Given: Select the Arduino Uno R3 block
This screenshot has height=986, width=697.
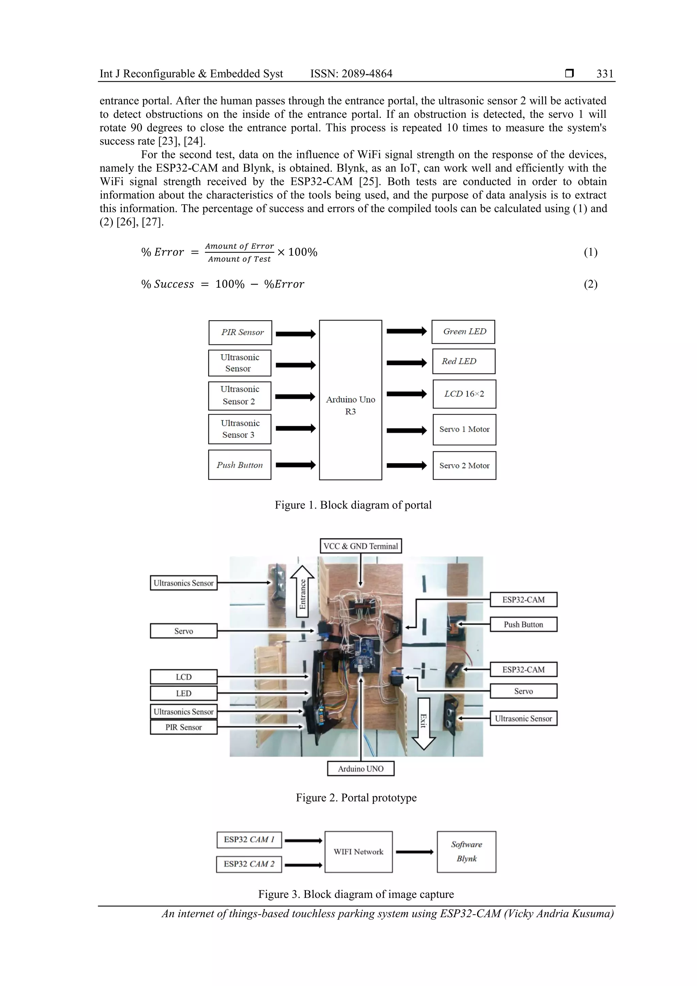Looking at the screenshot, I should tap(351, 400).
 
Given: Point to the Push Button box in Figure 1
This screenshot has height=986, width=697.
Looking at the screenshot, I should tap(240, 465).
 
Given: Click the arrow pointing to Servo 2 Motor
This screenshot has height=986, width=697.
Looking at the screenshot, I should tap(406, 466).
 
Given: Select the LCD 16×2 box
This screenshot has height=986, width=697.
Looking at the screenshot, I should tap(464, 394).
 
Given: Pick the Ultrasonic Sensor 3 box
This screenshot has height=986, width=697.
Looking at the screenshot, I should tap(240, 429).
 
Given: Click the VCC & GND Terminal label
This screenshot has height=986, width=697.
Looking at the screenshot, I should tap(361, 546).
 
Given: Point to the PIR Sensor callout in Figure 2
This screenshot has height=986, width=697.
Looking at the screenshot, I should tap(183, 727).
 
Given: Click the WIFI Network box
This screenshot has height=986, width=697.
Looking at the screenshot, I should tap(358, 852).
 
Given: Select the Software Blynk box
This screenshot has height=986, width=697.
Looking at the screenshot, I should tap(466, 852).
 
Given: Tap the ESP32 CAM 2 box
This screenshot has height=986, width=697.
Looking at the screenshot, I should tap(249, 864).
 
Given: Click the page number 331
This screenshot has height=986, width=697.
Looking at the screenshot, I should tap(605, 74).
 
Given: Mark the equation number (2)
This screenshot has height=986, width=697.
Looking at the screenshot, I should tap(590, 284).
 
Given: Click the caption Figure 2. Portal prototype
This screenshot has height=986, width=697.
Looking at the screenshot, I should tap(356, 797).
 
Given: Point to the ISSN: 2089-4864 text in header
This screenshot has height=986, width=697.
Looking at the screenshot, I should tap(351, 74).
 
